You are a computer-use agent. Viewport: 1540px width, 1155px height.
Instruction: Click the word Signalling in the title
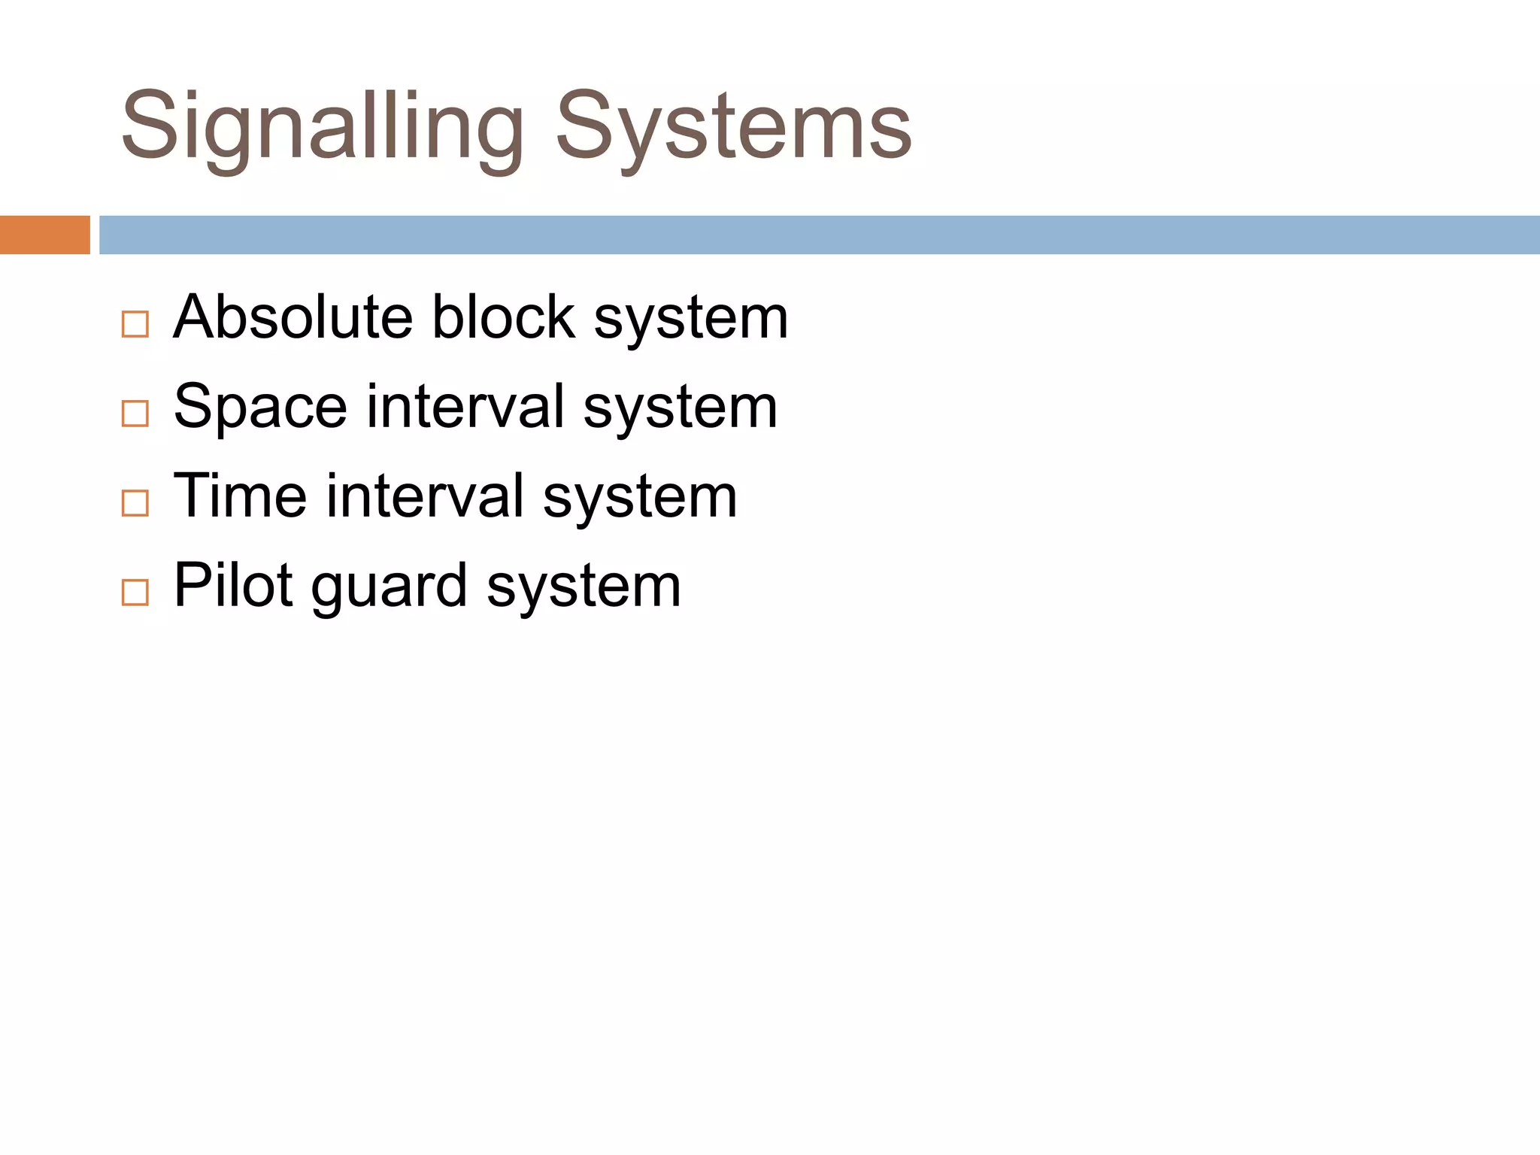(x=322, y=126)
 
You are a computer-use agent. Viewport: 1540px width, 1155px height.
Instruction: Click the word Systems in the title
(x=733, y=126)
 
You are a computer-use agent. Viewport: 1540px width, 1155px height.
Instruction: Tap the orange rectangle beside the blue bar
(x=44, y=235)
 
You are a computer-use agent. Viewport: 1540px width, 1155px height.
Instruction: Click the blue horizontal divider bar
(x=819, y=235)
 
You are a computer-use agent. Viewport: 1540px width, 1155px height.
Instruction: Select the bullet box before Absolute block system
(x=135, y=324)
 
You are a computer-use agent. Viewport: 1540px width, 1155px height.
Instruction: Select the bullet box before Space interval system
(x=135, y=414)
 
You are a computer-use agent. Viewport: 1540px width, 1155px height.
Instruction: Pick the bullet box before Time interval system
(x=135, y=503)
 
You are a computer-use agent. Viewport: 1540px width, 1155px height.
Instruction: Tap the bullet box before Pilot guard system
(x=135, y=593)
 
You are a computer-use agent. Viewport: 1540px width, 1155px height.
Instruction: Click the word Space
(x=260, y=407)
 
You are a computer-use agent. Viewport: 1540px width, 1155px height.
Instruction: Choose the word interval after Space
(x=465, y=407)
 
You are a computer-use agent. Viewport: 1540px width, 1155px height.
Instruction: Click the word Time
(x=240, y=496)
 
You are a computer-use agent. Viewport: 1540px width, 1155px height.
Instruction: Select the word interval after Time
(x=425, y=496)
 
